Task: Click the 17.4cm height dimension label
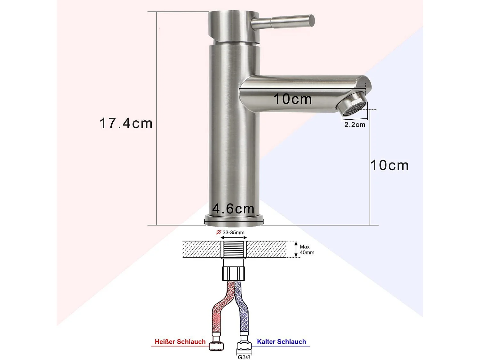[126, 124]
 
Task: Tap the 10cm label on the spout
[292, 99]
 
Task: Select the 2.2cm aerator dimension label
[355, 125]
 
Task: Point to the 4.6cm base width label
[233, 209]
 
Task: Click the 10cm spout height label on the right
[389, 165]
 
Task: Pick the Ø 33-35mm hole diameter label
[230, 233]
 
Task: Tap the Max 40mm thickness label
[307, 250]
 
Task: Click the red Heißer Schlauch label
[180, 342]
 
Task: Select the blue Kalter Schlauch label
[281, 342]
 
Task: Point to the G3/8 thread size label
[244, 357]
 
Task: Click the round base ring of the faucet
[234, 220]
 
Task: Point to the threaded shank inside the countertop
[234, 250]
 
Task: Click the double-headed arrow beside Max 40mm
[296, 250]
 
